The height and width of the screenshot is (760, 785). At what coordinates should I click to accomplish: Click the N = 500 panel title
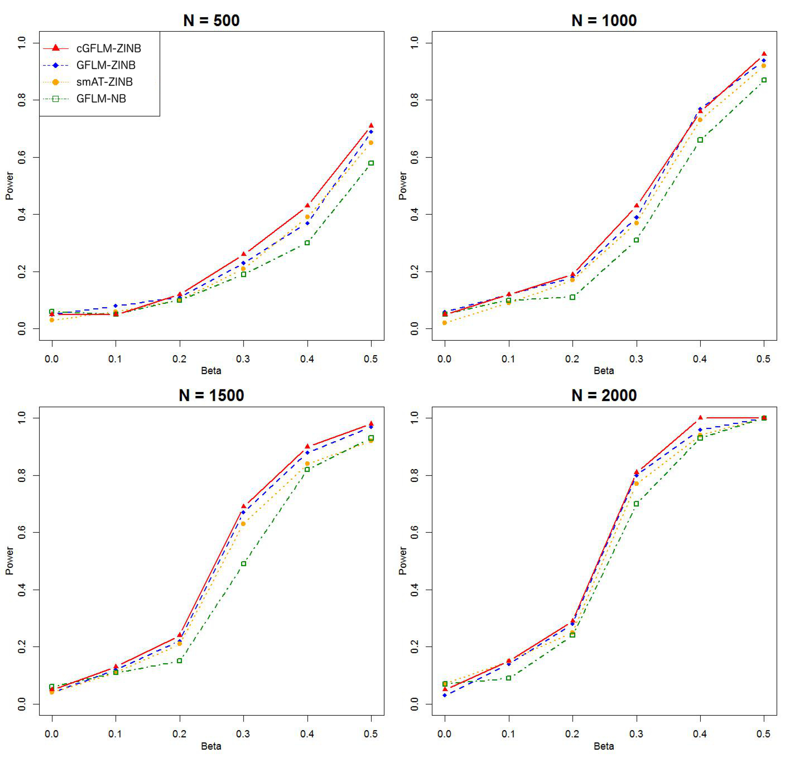pyautogui.click(x=212, y=20)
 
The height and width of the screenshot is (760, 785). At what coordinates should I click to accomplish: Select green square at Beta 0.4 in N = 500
pyautogui.click(x=307, y=243)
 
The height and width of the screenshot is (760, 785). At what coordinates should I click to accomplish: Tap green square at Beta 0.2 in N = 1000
pyautogui.click(x=572, y=297)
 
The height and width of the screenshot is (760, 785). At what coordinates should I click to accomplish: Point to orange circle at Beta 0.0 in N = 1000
pyautogui.click(x=445, y=323)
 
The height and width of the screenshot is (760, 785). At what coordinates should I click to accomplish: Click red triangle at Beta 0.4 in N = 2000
pyautogui.click(x=700, y=418)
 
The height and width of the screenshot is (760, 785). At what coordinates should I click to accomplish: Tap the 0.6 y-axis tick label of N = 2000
pyautogui.click(x=415, y=533)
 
